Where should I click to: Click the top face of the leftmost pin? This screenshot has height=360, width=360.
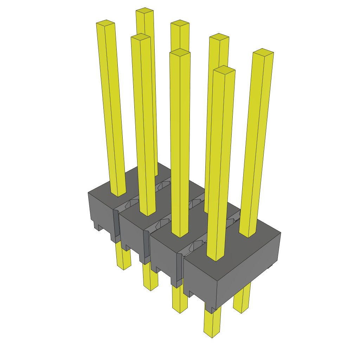[105, 23]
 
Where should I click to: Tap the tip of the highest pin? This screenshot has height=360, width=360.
[144, 11]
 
